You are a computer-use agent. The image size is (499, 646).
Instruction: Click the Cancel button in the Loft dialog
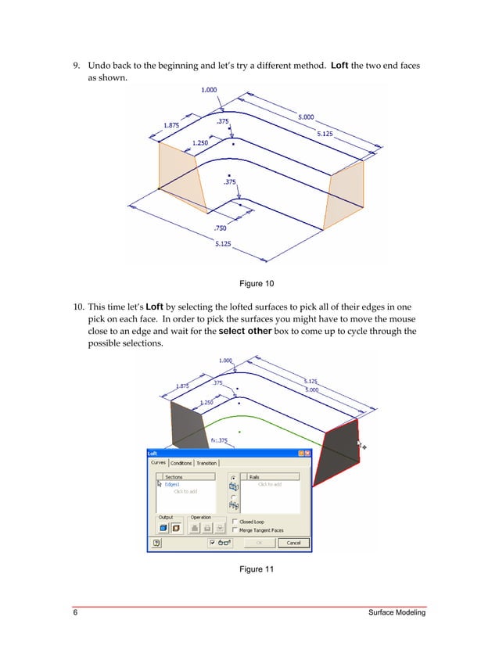click(x=293, y=543)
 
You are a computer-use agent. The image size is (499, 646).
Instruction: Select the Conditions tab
click(x=181, y=463)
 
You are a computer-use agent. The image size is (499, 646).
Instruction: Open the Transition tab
click(x=207, y=463)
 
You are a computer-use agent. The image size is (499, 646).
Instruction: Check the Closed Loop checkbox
click(x=235, y=521)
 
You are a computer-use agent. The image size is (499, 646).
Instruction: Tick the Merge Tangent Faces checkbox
click(x=235, y=529)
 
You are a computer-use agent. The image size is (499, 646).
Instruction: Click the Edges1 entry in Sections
click(x=174, y=484)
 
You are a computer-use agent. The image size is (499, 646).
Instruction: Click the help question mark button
click(x=156, y=543)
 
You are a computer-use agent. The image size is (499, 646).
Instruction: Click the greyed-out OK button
click(x=260, y=543)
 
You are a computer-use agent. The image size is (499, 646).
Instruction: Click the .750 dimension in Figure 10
click(x=221, y=228)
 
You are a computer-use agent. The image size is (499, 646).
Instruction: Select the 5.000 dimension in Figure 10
click(x=306, y=117)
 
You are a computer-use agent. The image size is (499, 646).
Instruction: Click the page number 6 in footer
click(x=75, y=613)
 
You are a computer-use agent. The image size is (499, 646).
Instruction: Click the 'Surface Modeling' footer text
click(x=397, y=613)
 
